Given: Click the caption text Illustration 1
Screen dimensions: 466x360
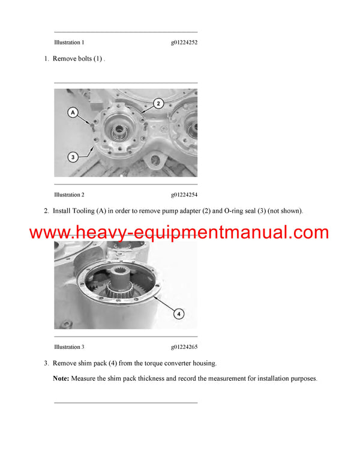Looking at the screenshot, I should click(69, 43).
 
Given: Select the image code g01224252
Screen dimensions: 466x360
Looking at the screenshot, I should click(184, 43).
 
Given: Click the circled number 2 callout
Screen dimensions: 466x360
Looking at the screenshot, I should click(158, 103).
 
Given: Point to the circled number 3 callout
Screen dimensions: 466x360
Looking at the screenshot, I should click(73, 157).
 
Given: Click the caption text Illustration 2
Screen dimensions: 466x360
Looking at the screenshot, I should click(69, 195).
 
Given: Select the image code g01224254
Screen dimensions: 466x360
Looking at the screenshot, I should click(184, 195).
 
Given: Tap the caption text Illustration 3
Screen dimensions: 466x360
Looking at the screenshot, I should click(69, 347).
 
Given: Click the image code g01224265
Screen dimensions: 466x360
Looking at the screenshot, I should click(184, 347).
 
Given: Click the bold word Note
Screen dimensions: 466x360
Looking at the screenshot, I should click(61, 379).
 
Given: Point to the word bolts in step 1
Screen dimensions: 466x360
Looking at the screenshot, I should click(82, 59).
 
